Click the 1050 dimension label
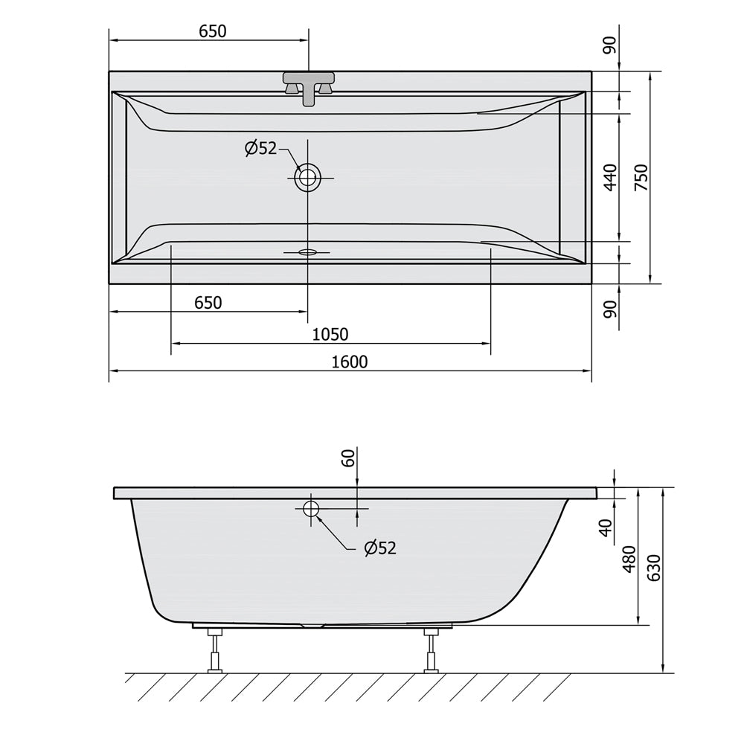point(330,335)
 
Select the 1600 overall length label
point(349,362)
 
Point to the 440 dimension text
point(611,178)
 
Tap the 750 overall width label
point(641,178)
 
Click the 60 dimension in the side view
point(349,458)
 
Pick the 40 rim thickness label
point(606,527)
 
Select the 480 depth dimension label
point(629,559)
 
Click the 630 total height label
point(654,568)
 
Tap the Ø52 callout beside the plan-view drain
point(260,149)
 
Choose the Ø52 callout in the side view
point(380,548)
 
